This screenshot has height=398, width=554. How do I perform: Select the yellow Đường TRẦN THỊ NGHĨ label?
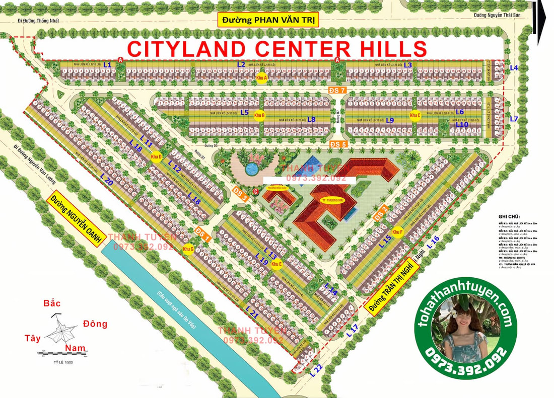393,287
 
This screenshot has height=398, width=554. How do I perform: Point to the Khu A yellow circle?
261,78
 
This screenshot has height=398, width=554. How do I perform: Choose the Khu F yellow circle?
398,232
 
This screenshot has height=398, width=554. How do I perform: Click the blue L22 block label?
316,371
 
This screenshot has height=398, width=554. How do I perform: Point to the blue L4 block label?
514,67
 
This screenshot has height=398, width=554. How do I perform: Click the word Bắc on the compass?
52,303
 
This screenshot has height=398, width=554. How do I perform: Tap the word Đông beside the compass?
95,324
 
